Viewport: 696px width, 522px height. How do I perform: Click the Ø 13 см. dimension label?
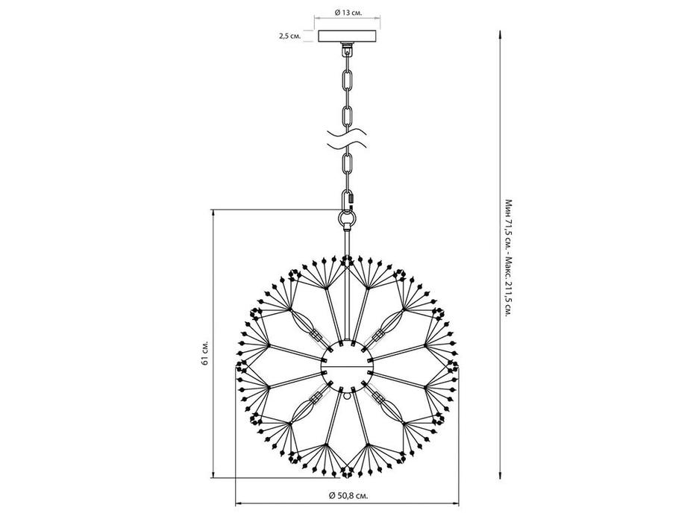[x=348, y=13]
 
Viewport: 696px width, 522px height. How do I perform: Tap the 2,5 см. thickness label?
[x=289, y=36]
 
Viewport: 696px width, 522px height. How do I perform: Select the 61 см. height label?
[x=204, y=353]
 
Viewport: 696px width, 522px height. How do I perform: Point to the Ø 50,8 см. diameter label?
[x=348, y=495]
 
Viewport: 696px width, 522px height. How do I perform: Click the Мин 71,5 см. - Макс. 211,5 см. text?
[x=508, y=257]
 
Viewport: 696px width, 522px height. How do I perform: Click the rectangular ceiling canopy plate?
[x=348, y=36]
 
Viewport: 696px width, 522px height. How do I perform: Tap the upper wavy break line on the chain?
[x=347, y=133]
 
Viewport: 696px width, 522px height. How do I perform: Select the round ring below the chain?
[x=347, y=218]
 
